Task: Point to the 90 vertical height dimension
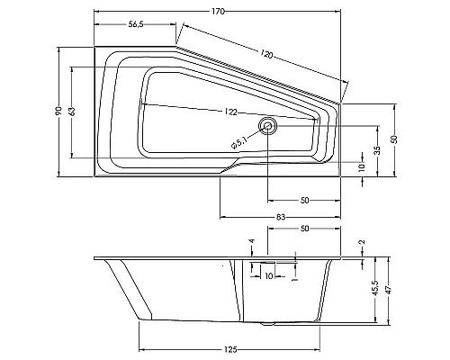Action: [58, 111]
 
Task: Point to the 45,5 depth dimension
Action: [377, 291]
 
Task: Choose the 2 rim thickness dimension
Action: [362, 244]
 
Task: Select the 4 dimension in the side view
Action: [254, 241]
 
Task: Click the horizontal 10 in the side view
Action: [268, 276]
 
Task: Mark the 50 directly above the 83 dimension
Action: [305, 199]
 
